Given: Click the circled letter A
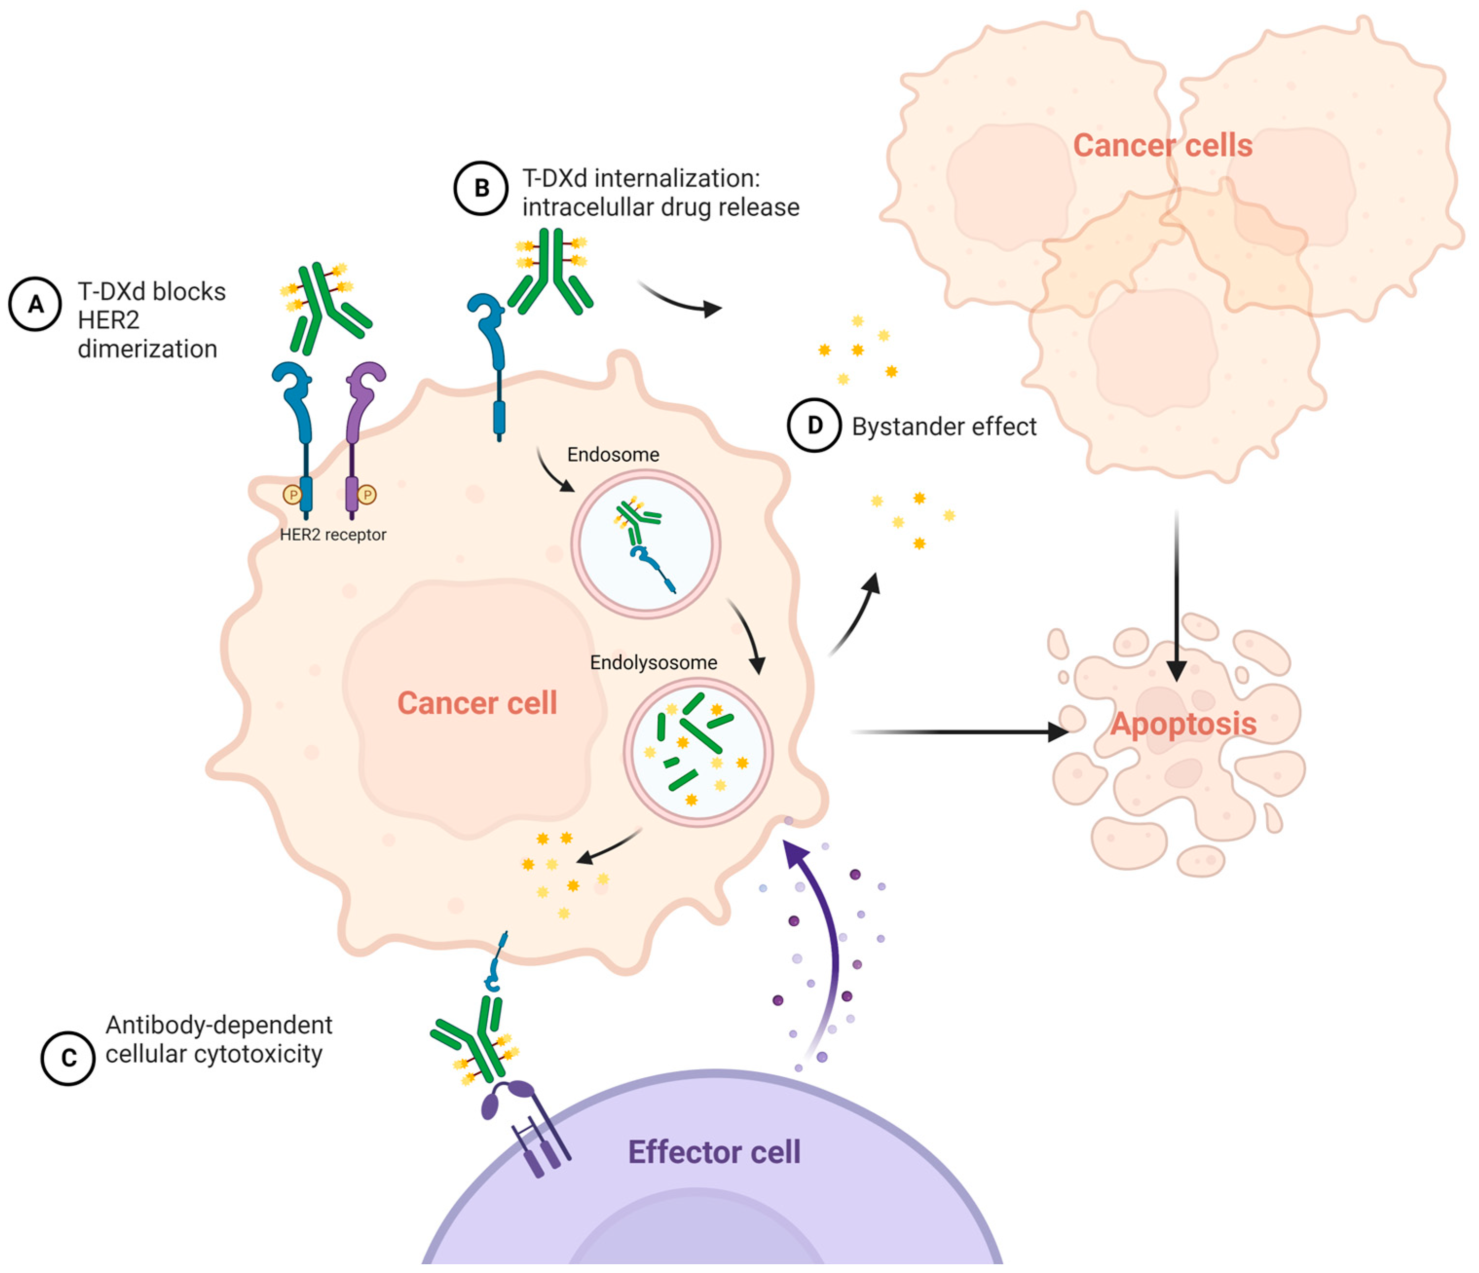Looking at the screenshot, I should tap(35, 304).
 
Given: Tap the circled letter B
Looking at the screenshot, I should tap(481, 188).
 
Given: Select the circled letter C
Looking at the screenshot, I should tap(68, 1058).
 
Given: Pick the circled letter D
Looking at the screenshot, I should tap(813, 426).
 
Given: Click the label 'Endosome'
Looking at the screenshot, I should tap(612, 455).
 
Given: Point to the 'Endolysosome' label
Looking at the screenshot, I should tap(653, 663).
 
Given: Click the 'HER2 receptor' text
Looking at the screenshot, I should tap(333, 535).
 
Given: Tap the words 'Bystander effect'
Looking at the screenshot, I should tap(943, 427).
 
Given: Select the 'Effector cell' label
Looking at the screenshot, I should tap(714, 1152).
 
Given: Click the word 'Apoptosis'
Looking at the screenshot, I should tap(1183, 724).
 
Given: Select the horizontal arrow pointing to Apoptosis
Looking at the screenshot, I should tap(957, 732).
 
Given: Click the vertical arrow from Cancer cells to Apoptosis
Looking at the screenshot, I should tap(1176, 593).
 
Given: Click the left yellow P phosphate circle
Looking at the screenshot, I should tap(292, 494).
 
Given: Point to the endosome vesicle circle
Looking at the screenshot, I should tap(645, 544).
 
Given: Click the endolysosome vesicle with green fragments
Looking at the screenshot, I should tap(698, 752).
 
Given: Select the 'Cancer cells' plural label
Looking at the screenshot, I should tap(1162, 146).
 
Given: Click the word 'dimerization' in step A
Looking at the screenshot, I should tap(147, 349).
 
